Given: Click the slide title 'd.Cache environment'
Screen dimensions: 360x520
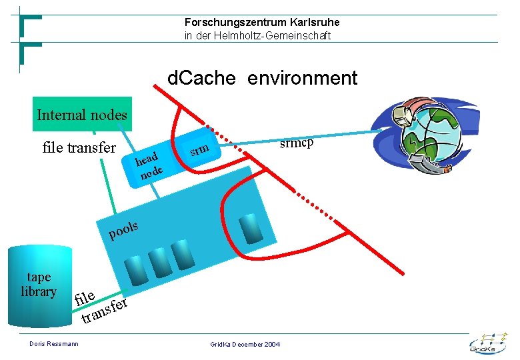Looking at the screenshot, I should (x=262, y=79).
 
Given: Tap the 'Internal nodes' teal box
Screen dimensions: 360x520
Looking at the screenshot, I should (x=81, y=115).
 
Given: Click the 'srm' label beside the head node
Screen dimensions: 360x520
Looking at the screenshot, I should (x=199, y=148).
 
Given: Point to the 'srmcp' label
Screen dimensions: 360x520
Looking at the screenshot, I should (x=296, y=143).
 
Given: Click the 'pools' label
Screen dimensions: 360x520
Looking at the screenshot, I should (x=123, y=230).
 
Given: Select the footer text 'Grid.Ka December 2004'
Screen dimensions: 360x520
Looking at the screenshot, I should (x=245, y=344).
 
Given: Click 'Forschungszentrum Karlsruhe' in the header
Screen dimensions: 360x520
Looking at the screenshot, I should (x=262, y=23).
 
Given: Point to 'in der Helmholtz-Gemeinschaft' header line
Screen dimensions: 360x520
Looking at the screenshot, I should (x=257, y=36).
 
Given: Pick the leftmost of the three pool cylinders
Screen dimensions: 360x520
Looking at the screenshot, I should (x=136, y=268).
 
